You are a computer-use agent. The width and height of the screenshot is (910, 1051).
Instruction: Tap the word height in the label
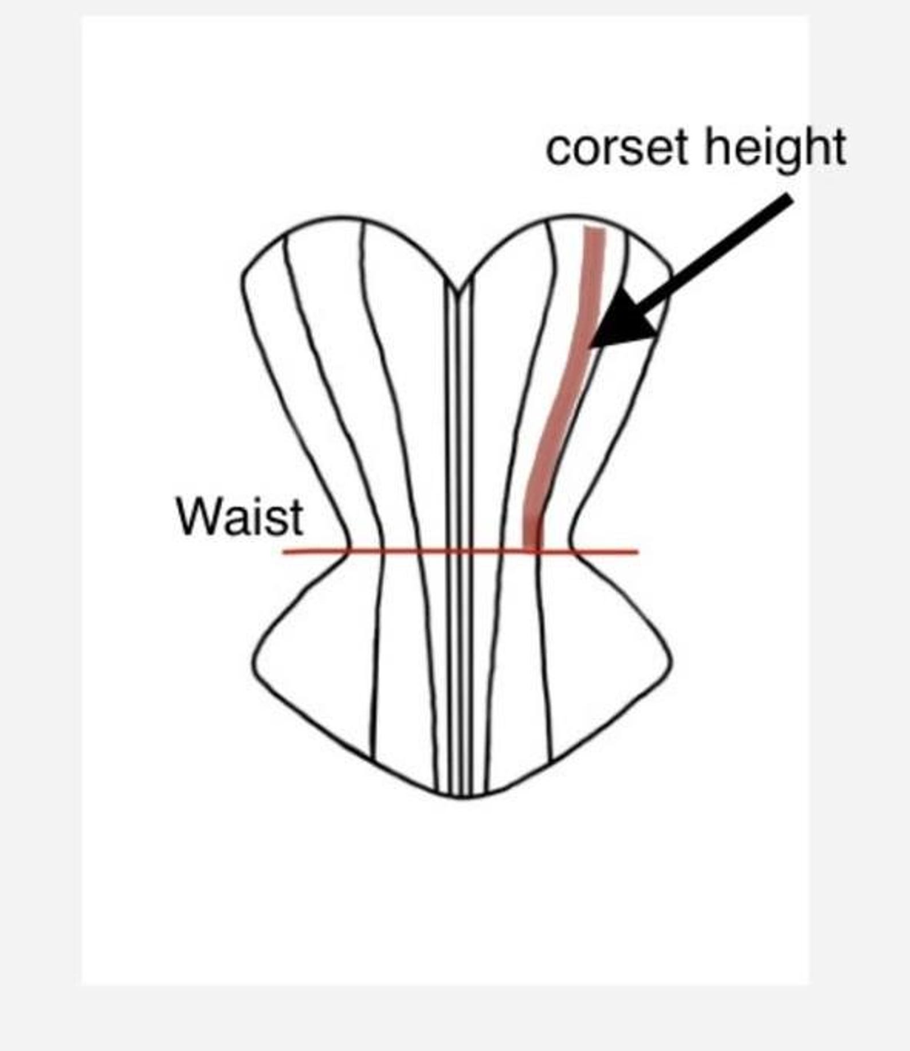pyautogui.click(x=775, y=149)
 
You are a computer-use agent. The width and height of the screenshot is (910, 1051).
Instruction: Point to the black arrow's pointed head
pyautogui.click(x=590, y=347)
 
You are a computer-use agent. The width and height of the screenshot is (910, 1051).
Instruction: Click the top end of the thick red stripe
pyautogui.click(x=594, y=229)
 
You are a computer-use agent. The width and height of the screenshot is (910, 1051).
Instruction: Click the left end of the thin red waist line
pyautogui.click(x=284, y=552)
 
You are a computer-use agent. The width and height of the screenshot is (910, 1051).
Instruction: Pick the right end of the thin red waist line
pyautogui.click(x=638, y=552)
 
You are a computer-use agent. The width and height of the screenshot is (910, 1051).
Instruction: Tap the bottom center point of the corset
pyautogui.click(x=461, y=797)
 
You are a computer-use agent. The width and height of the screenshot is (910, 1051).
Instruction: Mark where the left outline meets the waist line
pyautogui.click(x=348, y=552)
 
